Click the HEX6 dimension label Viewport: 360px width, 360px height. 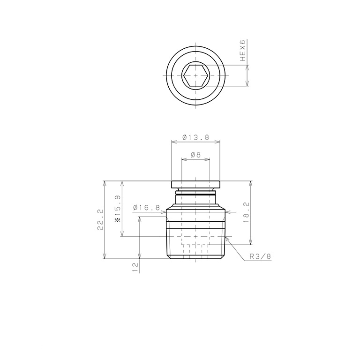click(242, 51)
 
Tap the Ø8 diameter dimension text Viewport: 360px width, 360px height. click(195, 155)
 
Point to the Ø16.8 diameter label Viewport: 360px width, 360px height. click(147, 207)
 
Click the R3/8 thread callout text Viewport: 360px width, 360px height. click(260, 256)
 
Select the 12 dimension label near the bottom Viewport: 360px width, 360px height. click(135, 267)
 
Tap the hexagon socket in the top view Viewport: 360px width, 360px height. click(195, 75)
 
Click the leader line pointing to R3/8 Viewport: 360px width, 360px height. click(237, 249)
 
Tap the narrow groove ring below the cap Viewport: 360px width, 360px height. click(195, 192)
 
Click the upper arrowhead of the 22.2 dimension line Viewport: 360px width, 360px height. click(104, 183)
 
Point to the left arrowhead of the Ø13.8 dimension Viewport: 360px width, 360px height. click(173, 142)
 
